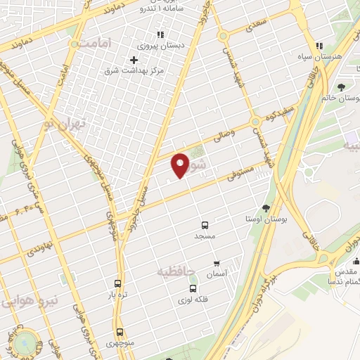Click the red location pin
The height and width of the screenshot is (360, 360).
point(181,165)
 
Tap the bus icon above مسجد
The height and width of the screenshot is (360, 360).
point(205,226)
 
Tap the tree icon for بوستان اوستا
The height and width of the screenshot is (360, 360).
point(266,208)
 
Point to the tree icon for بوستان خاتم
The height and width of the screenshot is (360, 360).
point(341,87)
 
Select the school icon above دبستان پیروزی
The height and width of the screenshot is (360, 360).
point(160,33)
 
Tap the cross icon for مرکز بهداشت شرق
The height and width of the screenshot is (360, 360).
point(134,60)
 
